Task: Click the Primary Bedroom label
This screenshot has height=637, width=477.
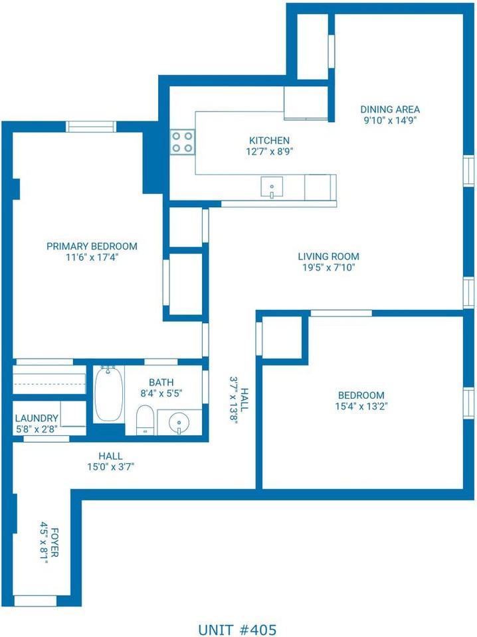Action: (x=92, y=246)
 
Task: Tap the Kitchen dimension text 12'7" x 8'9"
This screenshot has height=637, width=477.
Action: (x=269, y=151)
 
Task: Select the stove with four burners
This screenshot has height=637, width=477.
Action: (x=182, y=142)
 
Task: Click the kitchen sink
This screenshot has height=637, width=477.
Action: (x=272, y=187)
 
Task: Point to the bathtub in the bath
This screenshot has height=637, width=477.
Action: (x=108, y=393)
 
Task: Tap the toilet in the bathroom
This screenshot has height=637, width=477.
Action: (x=144, y=419)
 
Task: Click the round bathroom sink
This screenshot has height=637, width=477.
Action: (x=179, y=423)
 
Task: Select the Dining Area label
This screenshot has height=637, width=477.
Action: (x=390, y=109)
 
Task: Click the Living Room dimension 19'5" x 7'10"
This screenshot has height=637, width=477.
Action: (x=329, y=267)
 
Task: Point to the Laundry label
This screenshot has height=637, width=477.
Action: (x=37, y=418)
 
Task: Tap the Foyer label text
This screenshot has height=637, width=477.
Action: (x=54, y=542)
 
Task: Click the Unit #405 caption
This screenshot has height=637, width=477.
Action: (x=237, y=630)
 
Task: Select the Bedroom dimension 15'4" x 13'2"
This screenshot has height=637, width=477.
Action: (x=361, y=406)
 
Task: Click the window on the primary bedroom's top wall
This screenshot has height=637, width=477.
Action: (x=91, y=127)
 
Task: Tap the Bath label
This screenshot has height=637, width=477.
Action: (x=161, y=382)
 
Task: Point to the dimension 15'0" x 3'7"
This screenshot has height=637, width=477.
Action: (x=110, y=466)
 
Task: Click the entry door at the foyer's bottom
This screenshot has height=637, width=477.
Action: (x=35, y=601)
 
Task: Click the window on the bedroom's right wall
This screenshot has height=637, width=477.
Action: (x=468, y=403)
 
